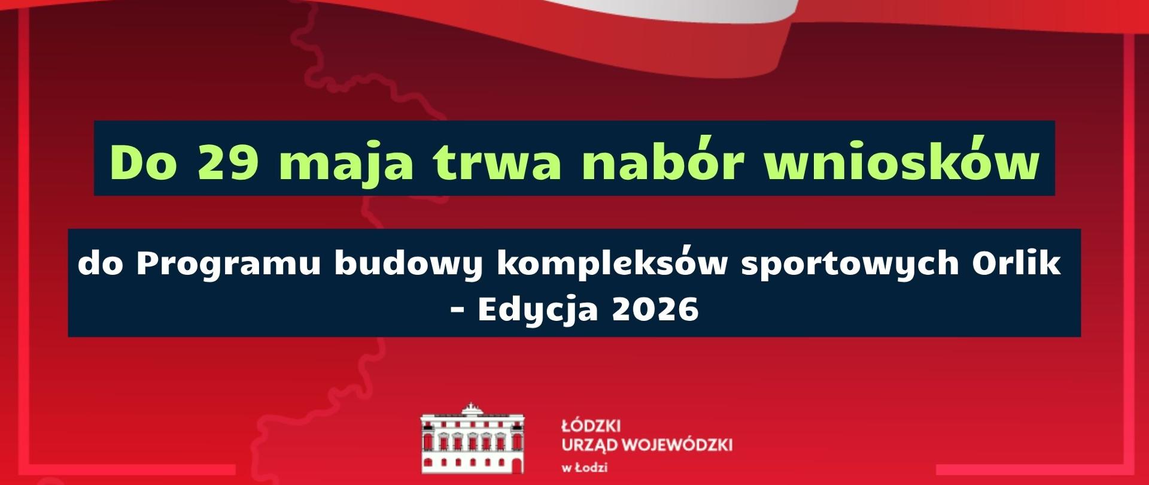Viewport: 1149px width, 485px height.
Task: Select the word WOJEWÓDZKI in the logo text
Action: click(x=677, y=445)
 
